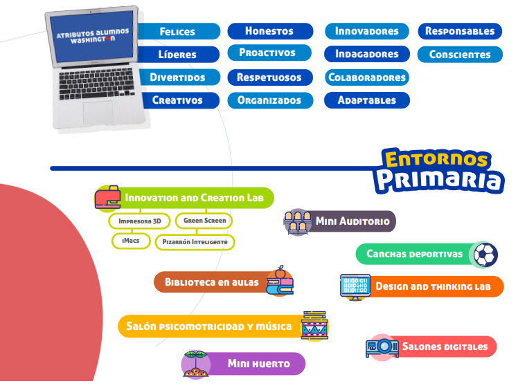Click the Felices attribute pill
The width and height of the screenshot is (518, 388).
tap(178, 31)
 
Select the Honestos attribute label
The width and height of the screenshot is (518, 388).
tap(269, 30)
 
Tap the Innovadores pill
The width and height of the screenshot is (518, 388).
tap(366, 30)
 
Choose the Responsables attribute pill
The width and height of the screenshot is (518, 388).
tap(460, 30)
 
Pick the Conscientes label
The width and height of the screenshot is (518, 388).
tap(460, 54)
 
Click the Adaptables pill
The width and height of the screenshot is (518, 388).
tap(366, 100)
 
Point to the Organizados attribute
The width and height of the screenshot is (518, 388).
tap(269, 100)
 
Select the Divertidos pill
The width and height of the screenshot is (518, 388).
tap(178, 77)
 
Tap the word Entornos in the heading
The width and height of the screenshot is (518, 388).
tap(436, 158)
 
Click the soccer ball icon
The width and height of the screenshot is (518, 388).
tap(485, 255)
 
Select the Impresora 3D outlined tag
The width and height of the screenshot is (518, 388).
tap(139, 221)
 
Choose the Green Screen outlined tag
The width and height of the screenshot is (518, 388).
tap(204, 221)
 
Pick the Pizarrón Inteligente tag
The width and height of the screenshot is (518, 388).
tap(195, 242)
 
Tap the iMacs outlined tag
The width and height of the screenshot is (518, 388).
tap(131, 241)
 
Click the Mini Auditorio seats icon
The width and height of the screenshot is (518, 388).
tap(297, 222)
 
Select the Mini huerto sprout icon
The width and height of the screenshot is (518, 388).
tap(196, 364)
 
